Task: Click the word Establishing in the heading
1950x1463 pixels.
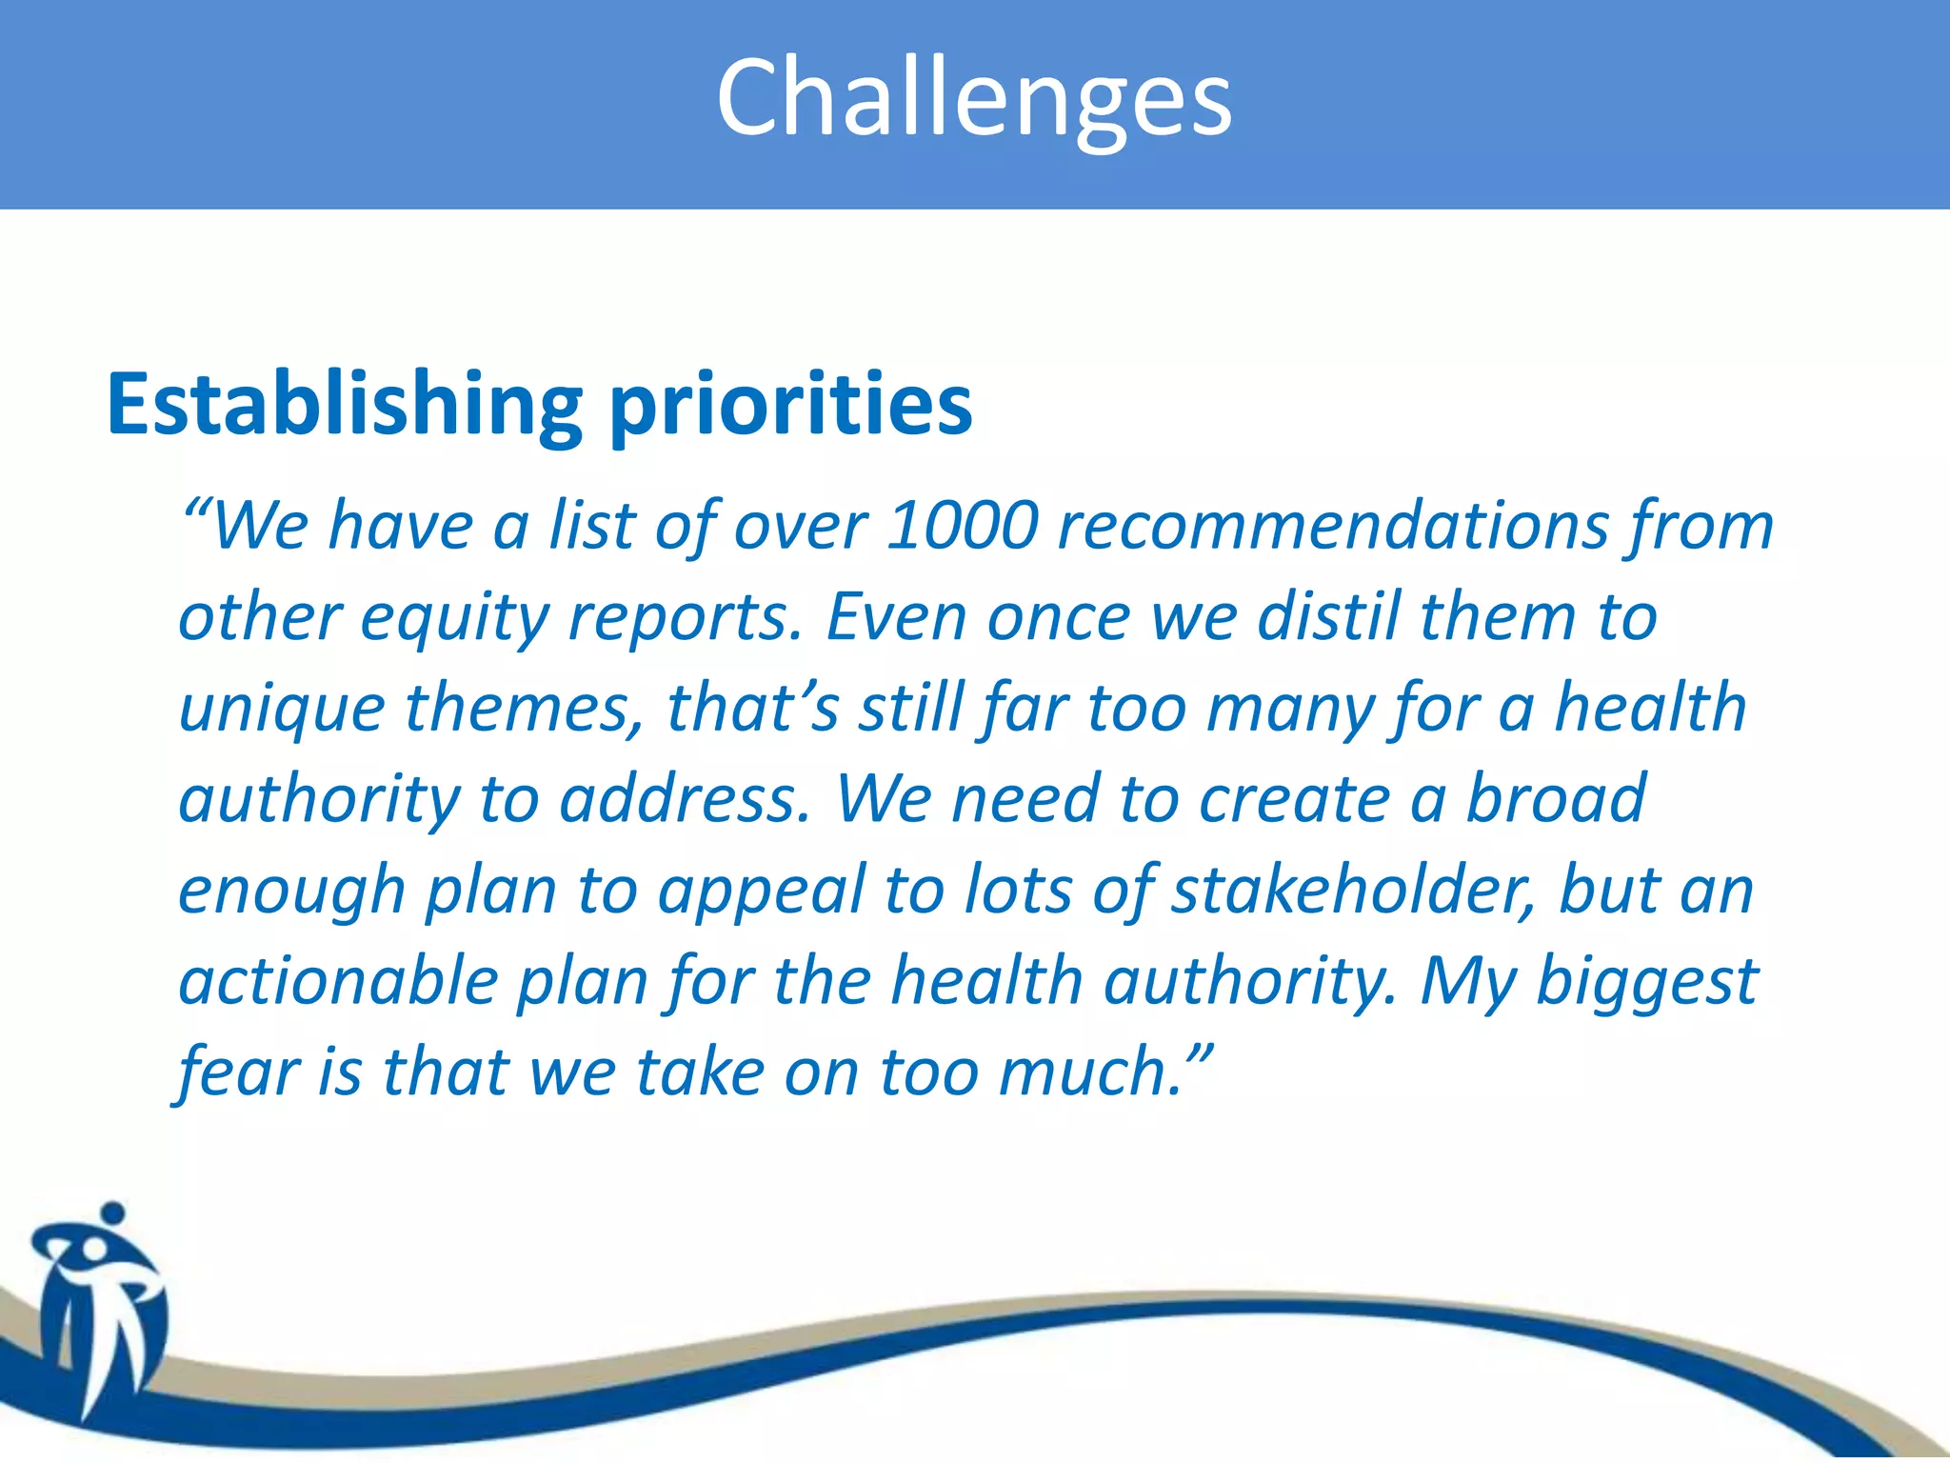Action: [344, 405]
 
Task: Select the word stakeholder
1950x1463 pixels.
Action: [1352, 889]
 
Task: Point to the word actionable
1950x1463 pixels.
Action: [338, 980]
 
